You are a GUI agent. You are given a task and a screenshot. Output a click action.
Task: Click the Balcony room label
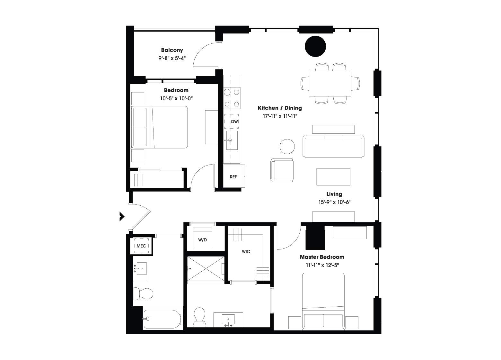coord(172,50)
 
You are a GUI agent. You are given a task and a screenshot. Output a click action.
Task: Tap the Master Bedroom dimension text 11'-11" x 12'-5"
coord(322,265)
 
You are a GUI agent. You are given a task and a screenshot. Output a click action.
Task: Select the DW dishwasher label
coord(234,122)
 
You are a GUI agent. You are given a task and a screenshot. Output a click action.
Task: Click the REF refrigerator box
coord(234,176)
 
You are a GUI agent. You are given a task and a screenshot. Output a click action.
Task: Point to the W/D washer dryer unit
coord(202,239)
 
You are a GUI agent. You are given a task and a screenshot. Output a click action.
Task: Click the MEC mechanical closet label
coord(141,246)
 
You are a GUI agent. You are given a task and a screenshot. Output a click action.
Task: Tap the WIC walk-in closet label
coord(246,252)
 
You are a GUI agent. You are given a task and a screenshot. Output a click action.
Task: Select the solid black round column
coord(315,46)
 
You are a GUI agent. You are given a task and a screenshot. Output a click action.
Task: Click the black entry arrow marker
coord(122,216)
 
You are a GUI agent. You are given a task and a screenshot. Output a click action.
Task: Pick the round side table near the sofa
coord(287,147)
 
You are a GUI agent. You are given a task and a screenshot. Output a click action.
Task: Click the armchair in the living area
coord(282,170)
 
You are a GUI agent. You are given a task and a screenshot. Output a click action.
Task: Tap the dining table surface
coord(330,84)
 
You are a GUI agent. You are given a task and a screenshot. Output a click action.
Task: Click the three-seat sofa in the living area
coord(333,146)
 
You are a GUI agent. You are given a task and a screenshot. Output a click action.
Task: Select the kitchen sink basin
coord(232,140)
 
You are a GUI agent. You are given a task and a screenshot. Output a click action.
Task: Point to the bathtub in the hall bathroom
coord(162,319)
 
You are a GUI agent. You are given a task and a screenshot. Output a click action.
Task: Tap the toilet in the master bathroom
coord(199,317)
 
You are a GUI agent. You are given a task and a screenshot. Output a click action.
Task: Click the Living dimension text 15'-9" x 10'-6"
coord(334,202)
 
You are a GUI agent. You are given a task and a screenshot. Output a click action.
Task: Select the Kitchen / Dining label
coord(280,108)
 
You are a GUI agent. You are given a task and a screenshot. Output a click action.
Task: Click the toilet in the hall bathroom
coord(143,293)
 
